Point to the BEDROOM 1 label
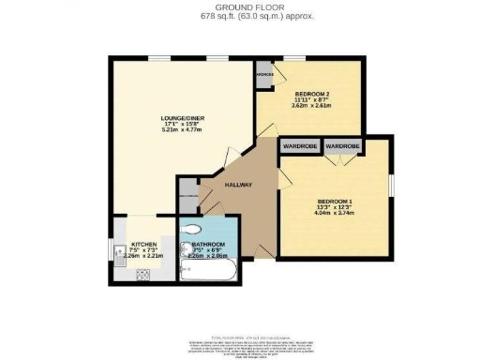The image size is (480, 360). [x=335, y=203]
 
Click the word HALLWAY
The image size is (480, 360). [x=239, y=184]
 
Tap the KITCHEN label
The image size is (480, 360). [x=143, y=244]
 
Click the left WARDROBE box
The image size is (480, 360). [x=299, y=146]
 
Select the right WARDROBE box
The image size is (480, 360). [x=343, y=146]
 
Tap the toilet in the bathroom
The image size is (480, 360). [x=192, y=228]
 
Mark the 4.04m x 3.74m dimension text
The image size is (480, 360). [x=335, y=213]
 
